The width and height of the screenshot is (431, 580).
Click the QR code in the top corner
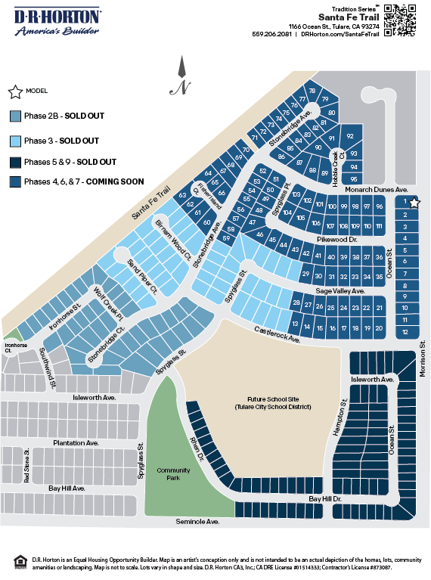401,20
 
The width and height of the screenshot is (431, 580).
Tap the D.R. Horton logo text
58,17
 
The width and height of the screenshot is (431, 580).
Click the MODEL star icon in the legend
15,91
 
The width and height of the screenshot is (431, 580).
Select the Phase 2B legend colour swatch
15,116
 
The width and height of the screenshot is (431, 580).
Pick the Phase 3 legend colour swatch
15,141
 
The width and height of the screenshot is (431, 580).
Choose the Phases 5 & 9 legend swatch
15,162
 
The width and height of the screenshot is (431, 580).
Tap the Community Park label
173,474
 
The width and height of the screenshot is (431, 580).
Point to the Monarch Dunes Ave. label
376,191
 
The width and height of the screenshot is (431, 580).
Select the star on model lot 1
414,203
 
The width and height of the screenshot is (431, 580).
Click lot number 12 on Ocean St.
406,331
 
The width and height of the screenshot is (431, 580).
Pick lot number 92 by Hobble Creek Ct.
350,136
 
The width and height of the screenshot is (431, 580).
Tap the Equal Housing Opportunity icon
20,560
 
